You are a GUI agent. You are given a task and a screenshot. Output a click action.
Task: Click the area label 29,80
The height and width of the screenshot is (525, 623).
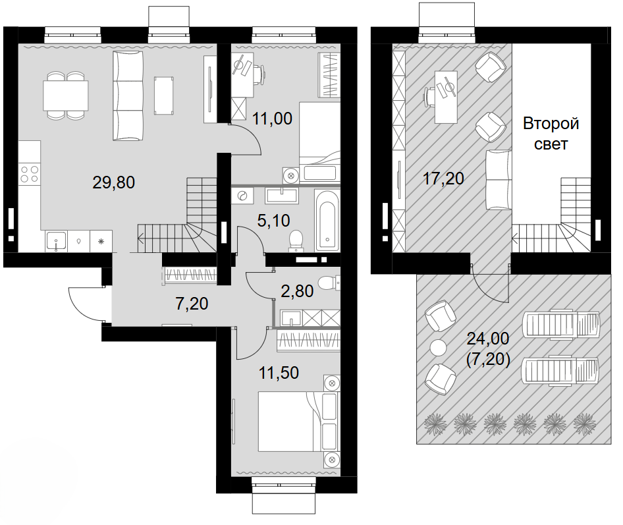click(114, 183)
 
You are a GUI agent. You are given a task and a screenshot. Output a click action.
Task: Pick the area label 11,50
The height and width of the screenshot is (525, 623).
click(279, 373)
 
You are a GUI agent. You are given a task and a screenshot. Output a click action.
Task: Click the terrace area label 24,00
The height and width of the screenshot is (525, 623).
click(487, 339)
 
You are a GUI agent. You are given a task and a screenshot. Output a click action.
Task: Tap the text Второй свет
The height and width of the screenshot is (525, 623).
click(551, 134)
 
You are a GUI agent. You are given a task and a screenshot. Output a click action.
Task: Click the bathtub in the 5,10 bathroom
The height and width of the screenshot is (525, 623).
click(327, 220)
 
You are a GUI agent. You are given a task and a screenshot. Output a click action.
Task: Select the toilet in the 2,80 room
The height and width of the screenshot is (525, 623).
click(328, 283)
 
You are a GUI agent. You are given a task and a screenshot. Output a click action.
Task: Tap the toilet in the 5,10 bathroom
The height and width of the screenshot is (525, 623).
click(297, 240)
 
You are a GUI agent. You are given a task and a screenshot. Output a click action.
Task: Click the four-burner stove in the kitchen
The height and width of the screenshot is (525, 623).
click(29, 174)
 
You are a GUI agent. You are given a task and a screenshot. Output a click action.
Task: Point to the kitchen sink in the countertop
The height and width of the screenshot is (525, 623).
click(57, 241)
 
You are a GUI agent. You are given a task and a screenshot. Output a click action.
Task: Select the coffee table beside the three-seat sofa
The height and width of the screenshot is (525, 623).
click(165, 96)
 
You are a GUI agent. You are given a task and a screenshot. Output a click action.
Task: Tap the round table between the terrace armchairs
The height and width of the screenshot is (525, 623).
click(438, 347)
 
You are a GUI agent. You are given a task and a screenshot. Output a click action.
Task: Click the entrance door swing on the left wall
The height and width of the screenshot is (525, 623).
click(87, 304)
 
